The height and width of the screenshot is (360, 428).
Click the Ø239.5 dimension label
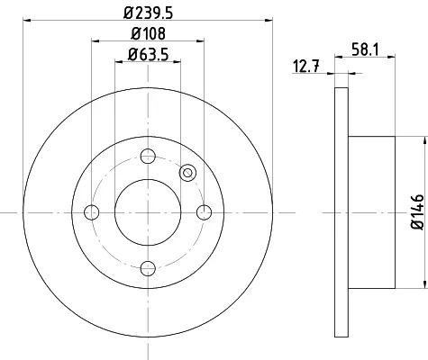click(x=149, y=13)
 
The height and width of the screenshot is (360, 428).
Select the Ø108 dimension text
click(x=148, y=33)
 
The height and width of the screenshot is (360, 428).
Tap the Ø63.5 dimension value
click(x=148, y=55)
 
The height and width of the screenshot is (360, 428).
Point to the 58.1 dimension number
click(x=365, y=49)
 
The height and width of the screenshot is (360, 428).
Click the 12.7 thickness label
click(x=306, y=67)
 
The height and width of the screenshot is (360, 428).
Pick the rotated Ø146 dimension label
click(x=417, y=212)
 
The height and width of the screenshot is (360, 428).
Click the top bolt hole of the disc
click(x=148, y=156)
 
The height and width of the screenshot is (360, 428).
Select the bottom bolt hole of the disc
click(x=148, y=268)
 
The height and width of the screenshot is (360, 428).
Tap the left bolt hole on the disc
click(x=92, y=212)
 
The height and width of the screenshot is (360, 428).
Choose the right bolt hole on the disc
click(x=205, y=212)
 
